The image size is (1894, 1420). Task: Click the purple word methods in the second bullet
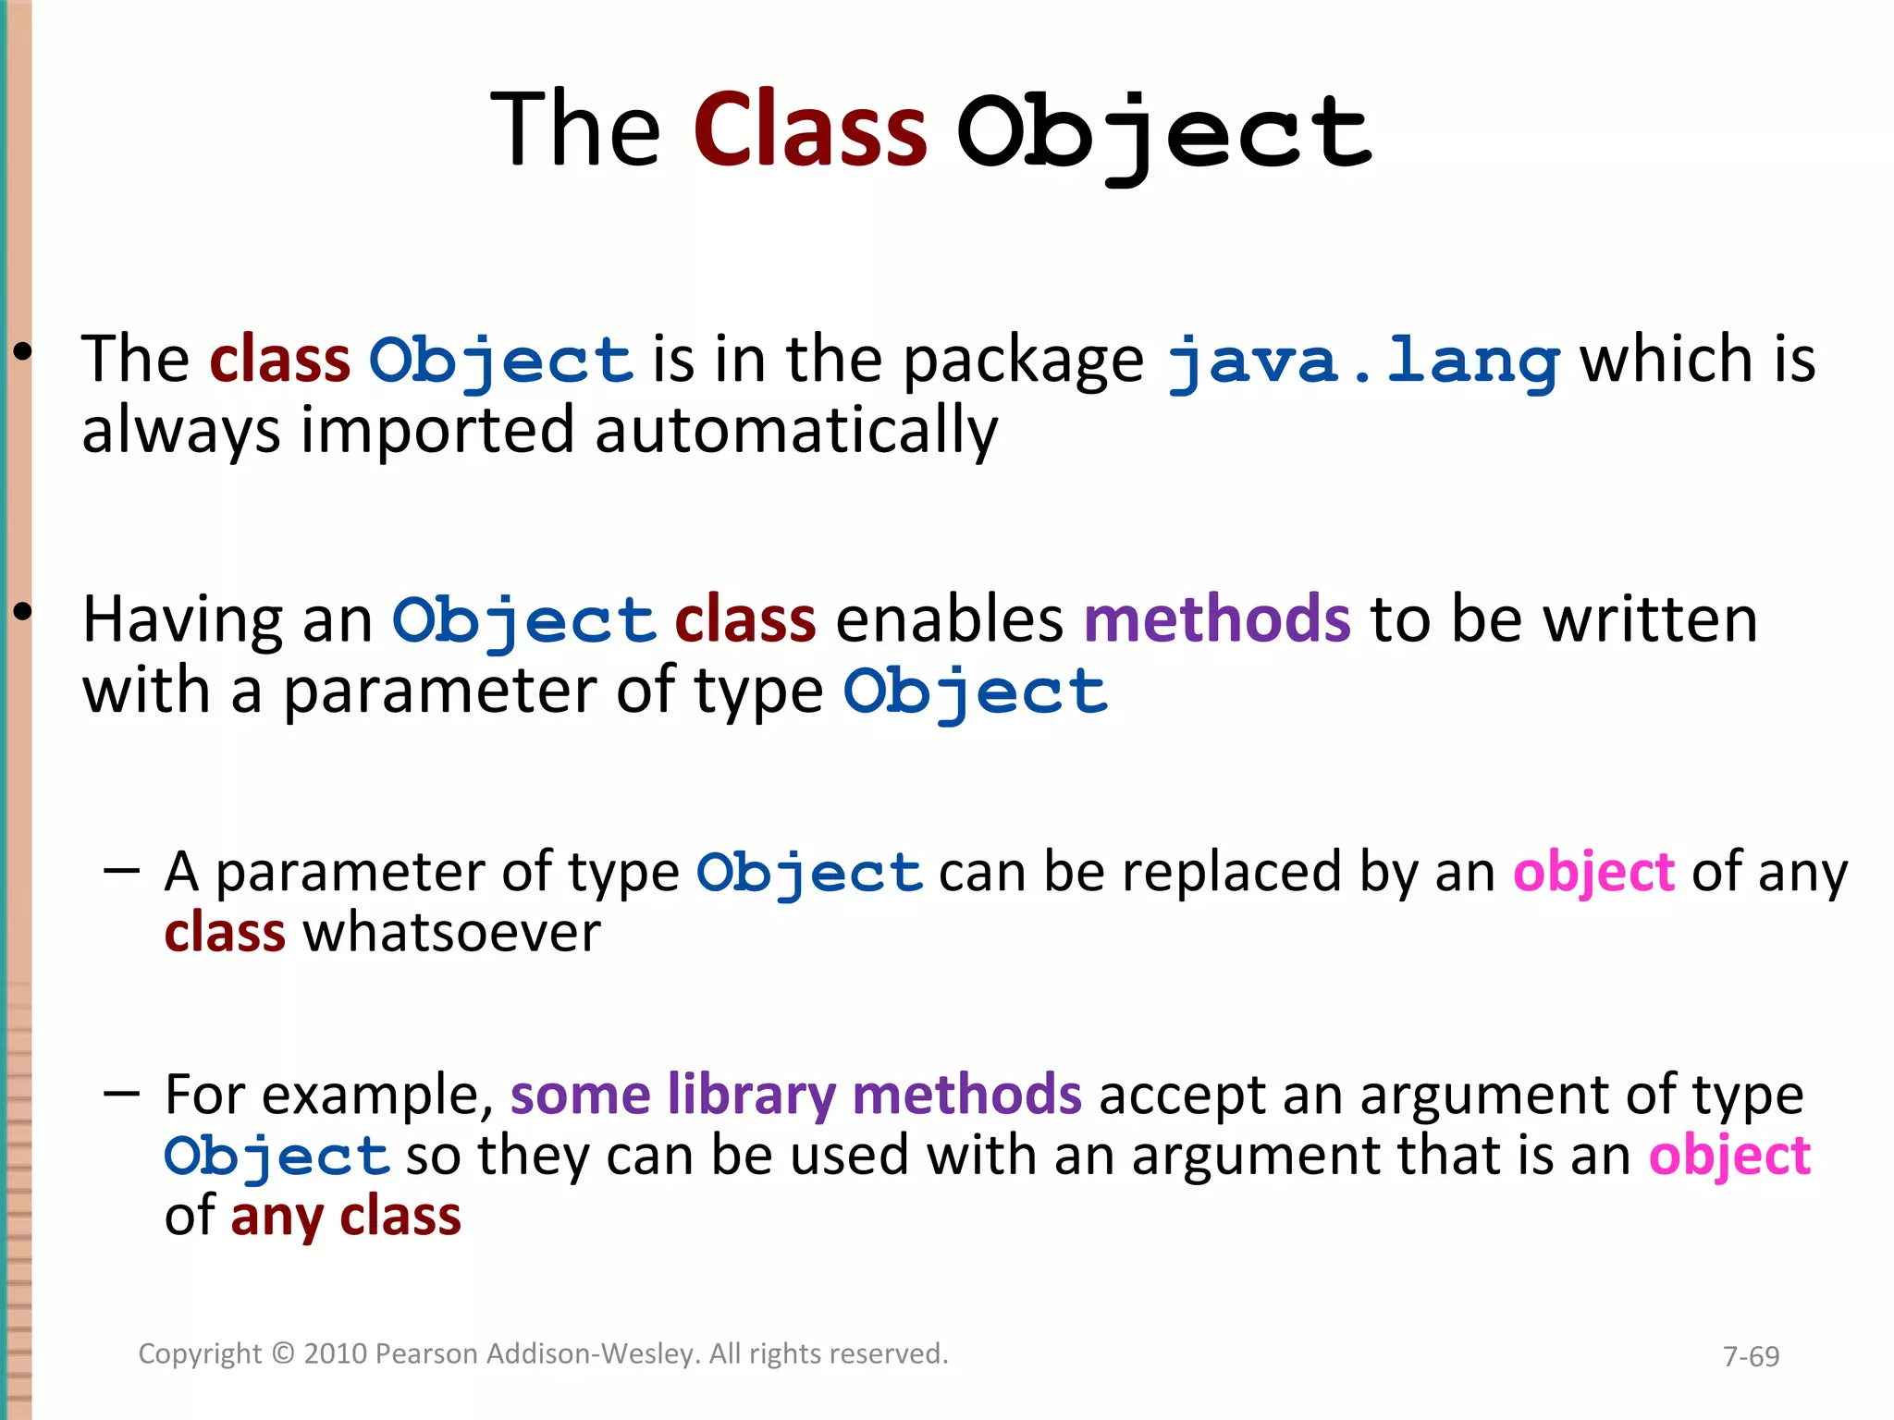pyautogui.click(x=1216, y=618)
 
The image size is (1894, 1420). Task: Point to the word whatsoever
pyautogui.click(x=452, y=932)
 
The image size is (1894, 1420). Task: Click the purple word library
pyautogui.click(x=751, y=1096)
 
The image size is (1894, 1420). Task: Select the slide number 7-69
pyautogui.click(x=1751, y=1356)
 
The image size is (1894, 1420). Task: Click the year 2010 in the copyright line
pyautogui.click(x=337, y=1353)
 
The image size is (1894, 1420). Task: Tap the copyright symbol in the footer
pyautogui.click(x=283, y=1353)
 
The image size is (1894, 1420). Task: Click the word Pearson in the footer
pyautogui.click(x=426, y=1353)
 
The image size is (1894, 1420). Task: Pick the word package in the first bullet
pyautogui.click(x=1022, y=361)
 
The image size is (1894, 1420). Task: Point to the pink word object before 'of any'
pyautogui.click(x=1593, y=872)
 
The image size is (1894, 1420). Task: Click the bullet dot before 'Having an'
pyautogui.click(x=23, y=611)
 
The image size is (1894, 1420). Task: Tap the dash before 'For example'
pyautogui.click(x=122, y=1095)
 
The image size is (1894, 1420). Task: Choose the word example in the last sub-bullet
pyautogui.click(x=378, y=1096)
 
